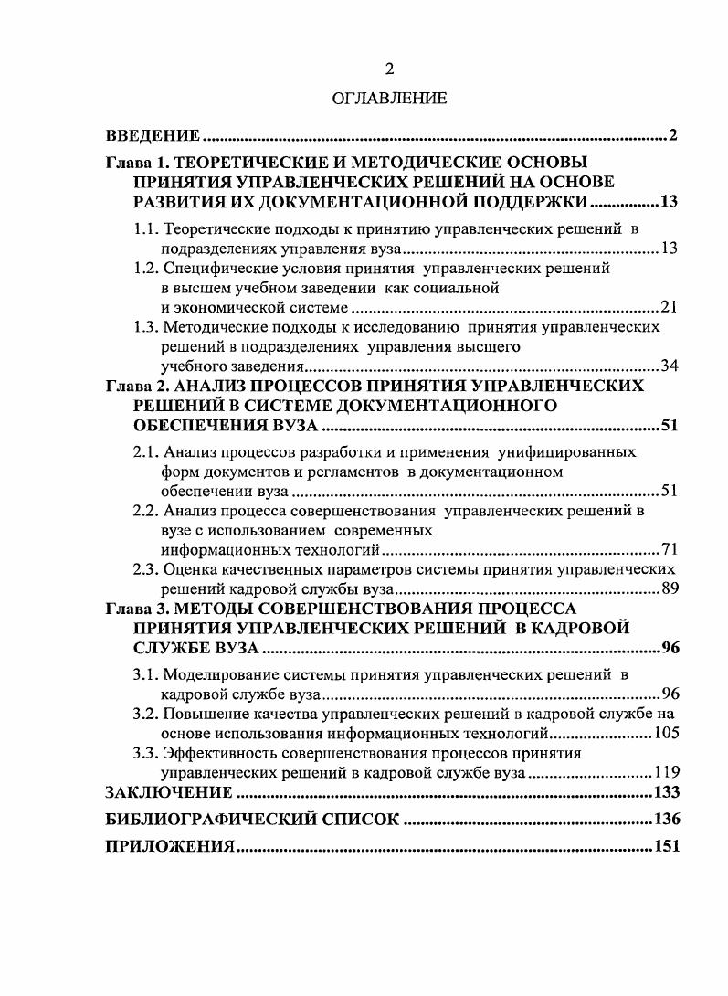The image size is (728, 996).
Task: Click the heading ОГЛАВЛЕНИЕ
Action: pyautogui.click(x=390, y=98)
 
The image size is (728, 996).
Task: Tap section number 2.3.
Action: pyautogui.click(x=146, y=570)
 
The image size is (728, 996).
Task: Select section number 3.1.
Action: pyautogui.click(x=146, y=675)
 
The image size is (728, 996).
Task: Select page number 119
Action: pyautogui.click(x=665, y=772)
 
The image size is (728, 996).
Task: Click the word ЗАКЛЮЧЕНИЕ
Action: pyautogui.click(x=170, y=792)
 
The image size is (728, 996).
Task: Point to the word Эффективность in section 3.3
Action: pyautogui.click(x=213, y=753)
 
